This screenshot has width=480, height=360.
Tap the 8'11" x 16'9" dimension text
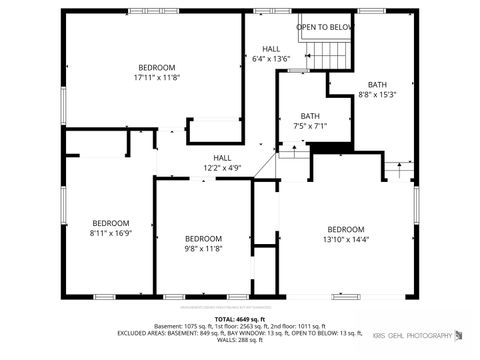(111, 234)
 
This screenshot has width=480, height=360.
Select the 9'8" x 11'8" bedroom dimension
(203, 249)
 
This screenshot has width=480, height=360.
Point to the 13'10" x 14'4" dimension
(346, 240)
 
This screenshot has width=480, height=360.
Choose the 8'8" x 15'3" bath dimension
(377, 95)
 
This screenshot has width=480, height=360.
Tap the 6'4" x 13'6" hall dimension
(271, 59)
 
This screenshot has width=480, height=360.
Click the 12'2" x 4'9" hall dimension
(222, 168)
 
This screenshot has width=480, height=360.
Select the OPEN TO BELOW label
(325, 27)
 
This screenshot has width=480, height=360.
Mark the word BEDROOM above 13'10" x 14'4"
(346, 229)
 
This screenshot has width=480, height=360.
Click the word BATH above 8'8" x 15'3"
(377, 84)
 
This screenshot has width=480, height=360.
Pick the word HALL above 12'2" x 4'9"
(222, 157)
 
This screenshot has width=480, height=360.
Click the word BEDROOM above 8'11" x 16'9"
(111, 223)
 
